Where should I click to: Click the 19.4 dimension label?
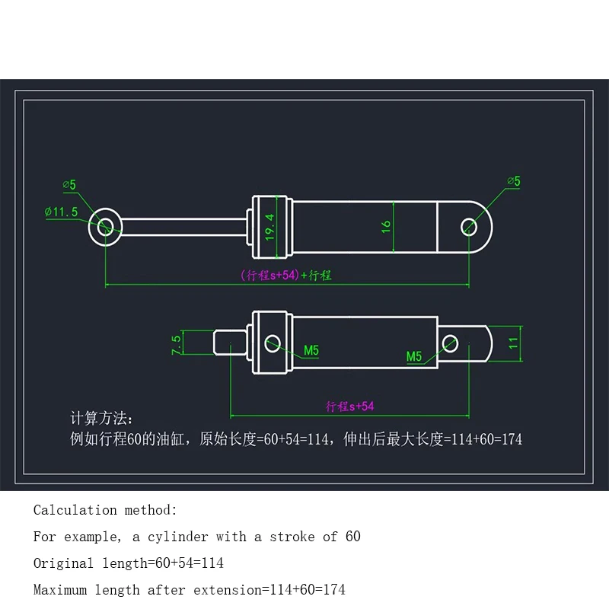click(x=269, y=227)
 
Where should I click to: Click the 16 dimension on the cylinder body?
click(x=386, y=227)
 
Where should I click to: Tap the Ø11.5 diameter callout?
click(x=62, y=212)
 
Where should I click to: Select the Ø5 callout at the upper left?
click(x=69, y=184)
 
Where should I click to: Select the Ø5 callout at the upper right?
click(x=514, y=181)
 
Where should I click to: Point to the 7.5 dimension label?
click(x=176, y=345)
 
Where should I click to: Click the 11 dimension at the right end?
click(x=513, y=343)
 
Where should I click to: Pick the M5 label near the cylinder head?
click(x=311, y=351)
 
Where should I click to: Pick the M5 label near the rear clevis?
click(x=414, y=356)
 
